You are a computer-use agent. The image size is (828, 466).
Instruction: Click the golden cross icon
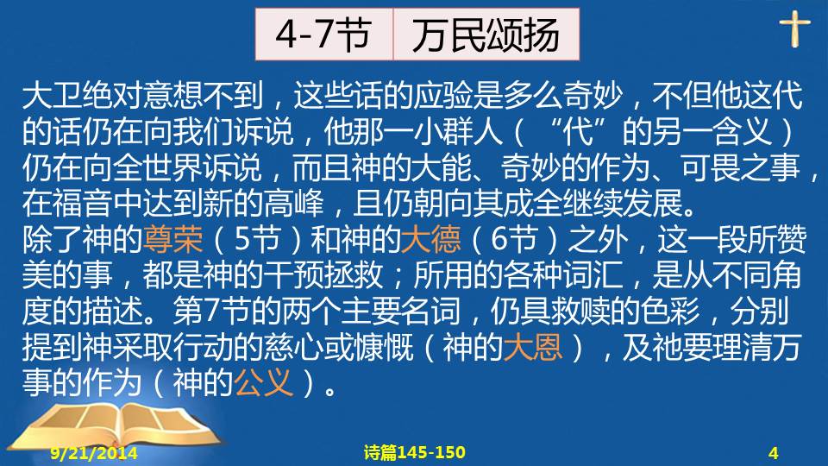point(794,28)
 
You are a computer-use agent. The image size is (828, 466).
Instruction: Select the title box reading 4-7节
point(323,35)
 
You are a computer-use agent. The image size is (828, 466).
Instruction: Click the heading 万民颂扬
point(486,35)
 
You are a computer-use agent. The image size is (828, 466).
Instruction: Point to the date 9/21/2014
point(94,453)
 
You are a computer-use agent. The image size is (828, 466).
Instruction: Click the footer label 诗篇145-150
point(415,452)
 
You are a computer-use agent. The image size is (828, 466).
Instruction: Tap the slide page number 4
point(774,453)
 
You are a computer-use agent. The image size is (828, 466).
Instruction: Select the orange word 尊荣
point(172,239)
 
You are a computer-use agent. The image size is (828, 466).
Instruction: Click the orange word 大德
point(430,239)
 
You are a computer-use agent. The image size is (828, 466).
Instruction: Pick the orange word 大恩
point(533,347)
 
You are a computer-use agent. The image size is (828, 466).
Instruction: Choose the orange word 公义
point(263,383)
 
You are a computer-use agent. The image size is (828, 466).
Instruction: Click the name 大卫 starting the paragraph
point(53,96)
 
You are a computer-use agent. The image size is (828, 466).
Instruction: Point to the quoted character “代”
point(578,131)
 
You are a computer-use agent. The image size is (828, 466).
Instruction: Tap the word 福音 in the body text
point(83,204)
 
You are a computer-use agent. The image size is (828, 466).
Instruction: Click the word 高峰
point(293,204)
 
